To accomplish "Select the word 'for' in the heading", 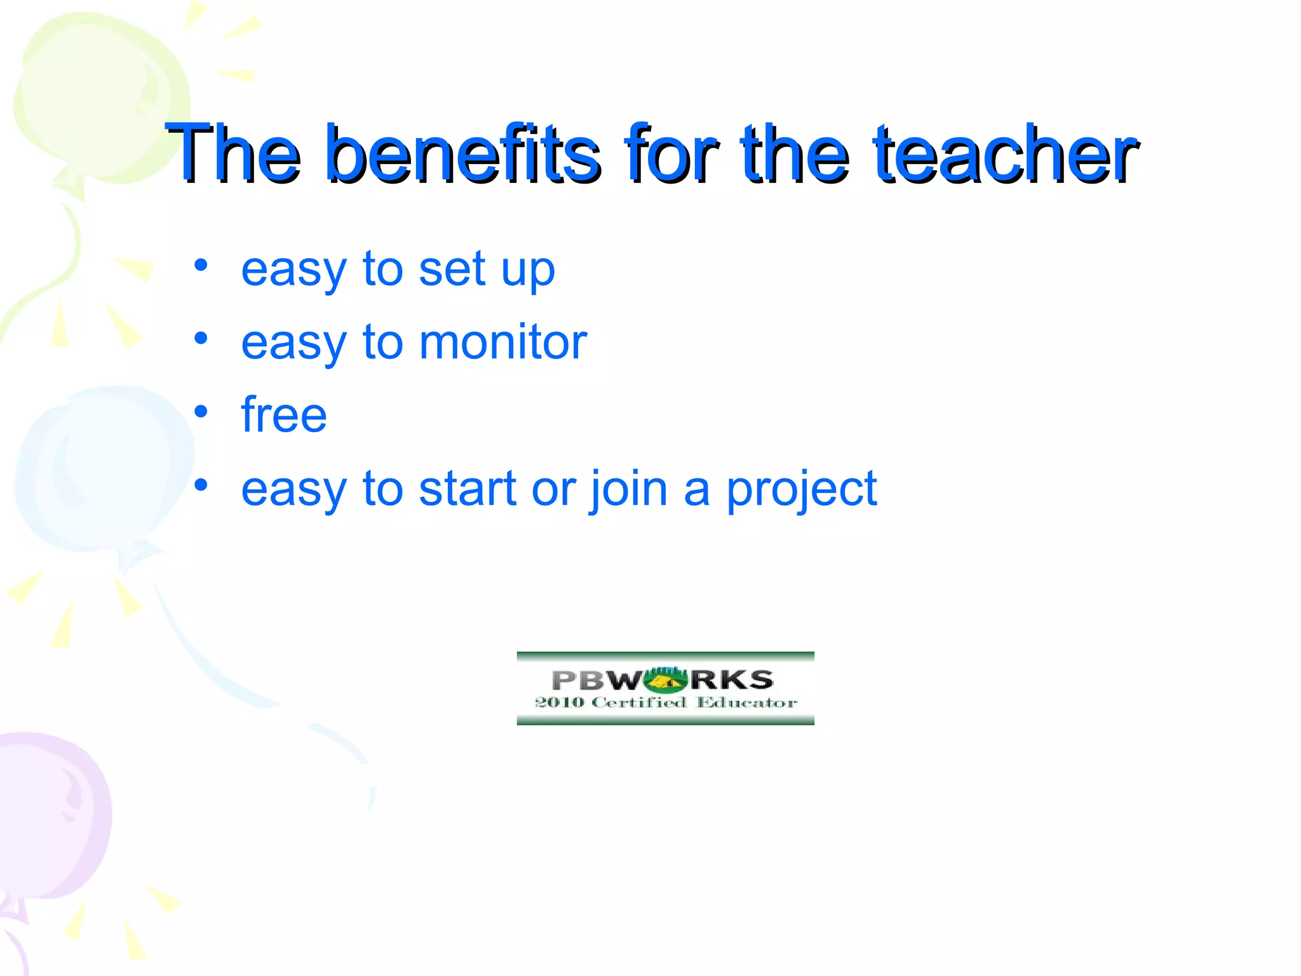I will pos(671,154).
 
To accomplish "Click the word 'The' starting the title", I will pos(233,154).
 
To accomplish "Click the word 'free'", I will pos(284,416).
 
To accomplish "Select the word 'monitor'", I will pos(503,342).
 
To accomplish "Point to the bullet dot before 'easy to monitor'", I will pos(201,339).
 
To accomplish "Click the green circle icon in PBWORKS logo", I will pos(665,681).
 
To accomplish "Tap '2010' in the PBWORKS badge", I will pos(559,703).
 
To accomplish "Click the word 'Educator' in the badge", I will pos(746,703).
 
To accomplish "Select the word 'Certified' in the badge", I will pos(638,703).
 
